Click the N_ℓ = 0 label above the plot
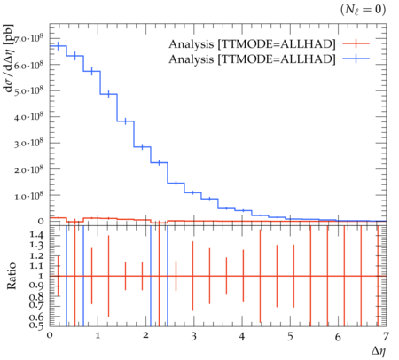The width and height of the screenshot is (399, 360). (364, 10)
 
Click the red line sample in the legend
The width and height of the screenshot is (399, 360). (356, 43)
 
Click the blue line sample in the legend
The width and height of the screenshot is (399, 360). (356, 59)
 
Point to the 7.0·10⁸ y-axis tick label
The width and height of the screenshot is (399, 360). (28, 38)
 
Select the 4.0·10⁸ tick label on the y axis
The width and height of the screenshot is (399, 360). (28, 116)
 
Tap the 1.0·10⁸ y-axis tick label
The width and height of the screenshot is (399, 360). (28, 195)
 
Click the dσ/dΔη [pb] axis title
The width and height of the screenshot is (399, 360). (9, 59)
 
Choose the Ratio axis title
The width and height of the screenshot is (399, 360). (12, 276)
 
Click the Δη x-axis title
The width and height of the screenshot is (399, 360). (379, 351)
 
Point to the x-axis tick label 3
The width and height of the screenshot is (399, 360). (193, 336)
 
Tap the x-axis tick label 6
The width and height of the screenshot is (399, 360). (338, 336)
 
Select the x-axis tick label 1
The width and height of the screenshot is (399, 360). (98, 336)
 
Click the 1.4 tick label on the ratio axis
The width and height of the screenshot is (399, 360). (36, 235)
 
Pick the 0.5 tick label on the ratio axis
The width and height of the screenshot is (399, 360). (36, 325)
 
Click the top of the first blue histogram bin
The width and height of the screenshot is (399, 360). (58, 46)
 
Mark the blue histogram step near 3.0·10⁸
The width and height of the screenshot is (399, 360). (142, 146)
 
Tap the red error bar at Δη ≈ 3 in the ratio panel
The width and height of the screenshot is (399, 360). (192, 276)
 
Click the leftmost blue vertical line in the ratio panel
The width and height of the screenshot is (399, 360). (66, 276)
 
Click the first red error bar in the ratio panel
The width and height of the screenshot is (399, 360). (58, 276)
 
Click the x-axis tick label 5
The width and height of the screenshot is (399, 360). (290, 336)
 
